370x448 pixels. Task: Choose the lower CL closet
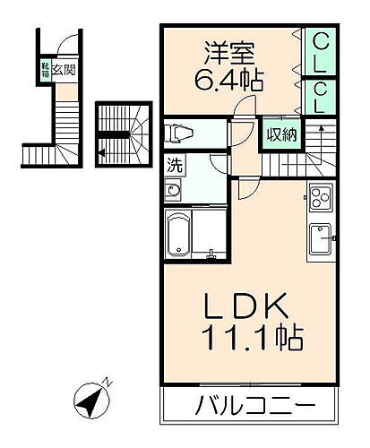[320, 97]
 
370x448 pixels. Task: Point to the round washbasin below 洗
[172, 191]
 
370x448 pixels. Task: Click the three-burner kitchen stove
[320, 197]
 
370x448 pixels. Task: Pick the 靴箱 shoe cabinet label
[43, 69]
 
